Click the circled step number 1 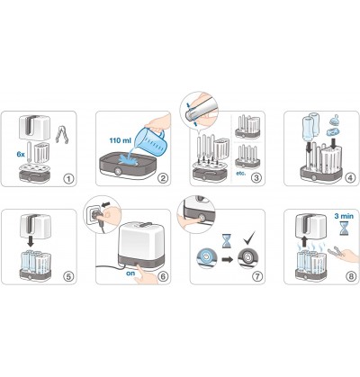pyautogui.click(x=68, y=179)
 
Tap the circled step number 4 pyautogui.click(x=351, y=178)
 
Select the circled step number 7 pyautogui.click(x=257, y=276)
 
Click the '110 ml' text pyautogui.click(x=120, y=139)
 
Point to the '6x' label pyautogui.click(x=21, y=154)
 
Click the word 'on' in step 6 pyautogui.click(x=130, y=274)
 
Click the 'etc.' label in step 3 pyautogui.click(x=241, y=174)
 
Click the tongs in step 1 pyautogui.click(x=61, y=133)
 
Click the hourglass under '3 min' pyautogui.click(x=344, y=229)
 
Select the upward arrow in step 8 pyautogui.click(x=304, y=241)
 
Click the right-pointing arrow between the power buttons pyautogui.click(x=227, y=259)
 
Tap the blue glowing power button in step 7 pyautogui.click(x=206, y=257)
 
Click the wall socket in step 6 pyautogui.click(x=94, y=213)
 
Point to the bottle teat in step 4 pyautogui.click(x=335, y=121)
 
